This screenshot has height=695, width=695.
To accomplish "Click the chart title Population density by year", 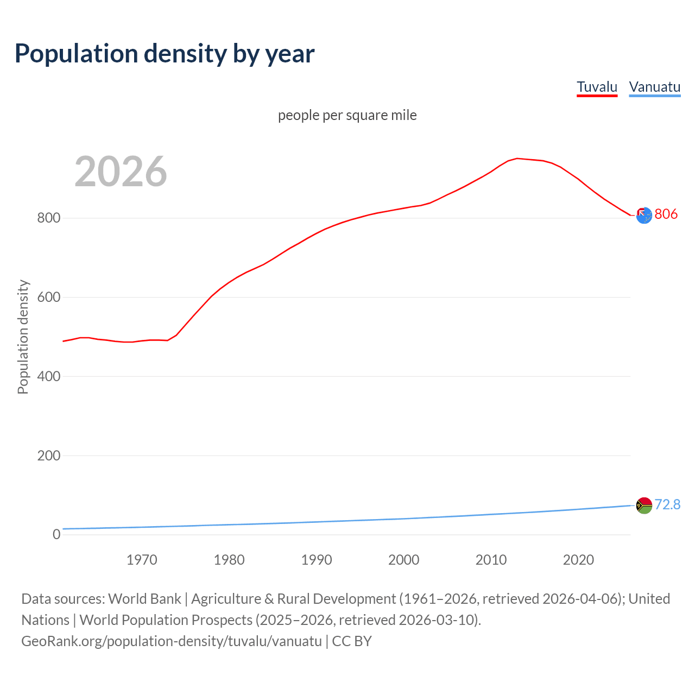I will tap(165, 54).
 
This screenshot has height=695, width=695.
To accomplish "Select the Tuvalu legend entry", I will tap(597, 87).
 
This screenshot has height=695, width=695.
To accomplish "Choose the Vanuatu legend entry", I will tap(654, 87).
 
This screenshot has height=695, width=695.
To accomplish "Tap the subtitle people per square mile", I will tap(347, 115).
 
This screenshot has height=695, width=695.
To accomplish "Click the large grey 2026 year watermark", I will tap(121, 172).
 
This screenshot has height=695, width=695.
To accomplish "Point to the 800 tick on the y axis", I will tap(48, 218).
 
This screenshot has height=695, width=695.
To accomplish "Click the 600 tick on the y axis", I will tap(48, 298).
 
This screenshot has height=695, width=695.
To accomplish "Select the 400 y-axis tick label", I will tap(48, 376).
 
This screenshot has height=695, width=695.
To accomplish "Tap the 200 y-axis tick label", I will tap(48, 456).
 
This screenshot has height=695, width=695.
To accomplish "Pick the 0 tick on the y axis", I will tap(56, 534).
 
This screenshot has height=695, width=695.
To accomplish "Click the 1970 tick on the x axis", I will tap(142, 560).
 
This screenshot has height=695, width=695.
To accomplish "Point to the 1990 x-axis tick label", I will tap(317, 560).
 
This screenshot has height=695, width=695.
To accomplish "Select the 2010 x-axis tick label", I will tap(491, 560).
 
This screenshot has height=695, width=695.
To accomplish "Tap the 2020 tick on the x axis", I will tap(578, 560).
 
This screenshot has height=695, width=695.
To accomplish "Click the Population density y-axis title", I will tap(23, 337).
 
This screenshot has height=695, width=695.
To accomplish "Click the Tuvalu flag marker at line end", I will tap(644, 216).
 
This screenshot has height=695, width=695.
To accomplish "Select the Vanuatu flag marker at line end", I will tap(644, 506).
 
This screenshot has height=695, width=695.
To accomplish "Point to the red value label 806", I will tap(666, 214).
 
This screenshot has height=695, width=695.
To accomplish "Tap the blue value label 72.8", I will tap(667, 504).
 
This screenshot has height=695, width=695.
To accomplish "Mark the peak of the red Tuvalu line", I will tap(517, 159).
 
